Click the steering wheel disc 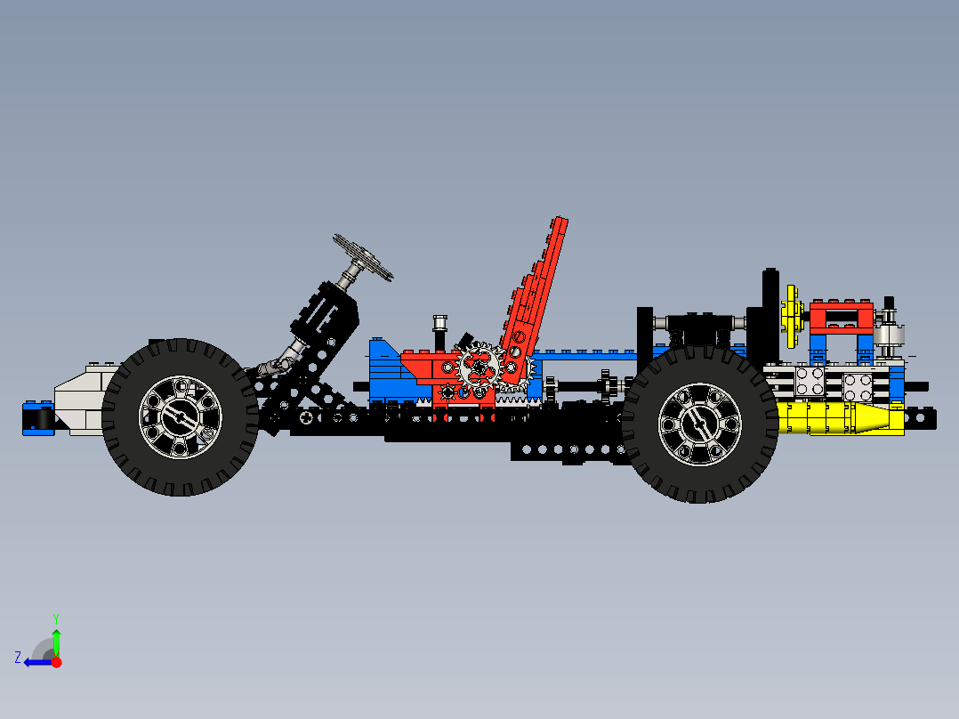point(363,257)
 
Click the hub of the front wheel point(180,416)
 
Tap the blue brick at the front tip point(37,418)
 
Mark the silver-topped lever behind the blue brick point(439,331)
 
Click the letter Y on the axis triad point(55,617)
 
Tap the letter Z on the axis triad point(18,658)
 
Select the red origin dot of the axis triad point(56,662)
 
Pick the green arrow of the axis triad point(56,642)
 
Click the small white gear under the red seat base point(447,392)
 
